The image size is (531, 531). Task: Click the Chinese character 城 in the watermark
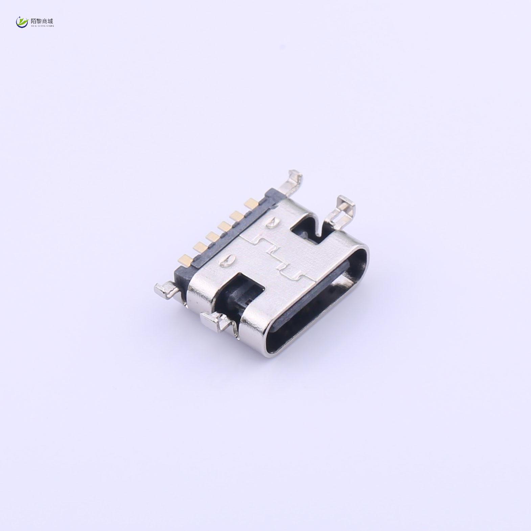click(x=50, y=21)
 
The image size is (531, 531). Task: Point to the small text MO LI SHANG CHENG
click(x=42, y=25)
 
